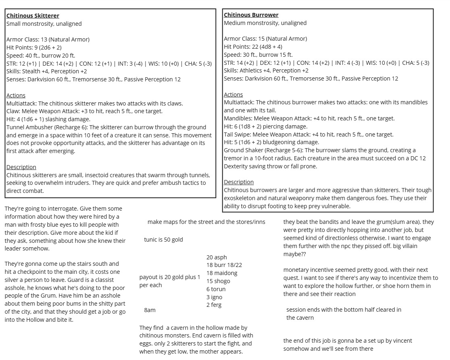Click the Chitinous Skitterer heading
click(33, 16)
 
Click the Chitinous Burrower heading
click(251, 15)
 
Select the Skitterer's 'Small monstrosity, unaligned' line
click(44, 24)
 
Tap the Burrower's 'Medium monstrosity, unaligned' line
click(265, 23)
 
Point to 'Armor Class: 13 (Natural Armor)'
click(48, 39)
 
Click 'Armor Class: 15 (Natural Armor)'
click(265, 39)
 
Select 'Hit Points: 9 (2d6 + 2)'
click(34, 48)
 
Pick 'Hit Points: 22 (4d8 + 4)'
click(253, 47)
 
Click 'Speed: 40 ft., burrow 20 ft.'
click(41, 56)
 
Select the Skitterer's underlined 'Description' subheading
click(21, 167)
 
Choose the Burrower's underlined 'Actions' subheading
click(233, 95)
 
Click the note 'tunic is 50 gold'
click(163, 240)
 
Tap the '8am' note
click(149, 310)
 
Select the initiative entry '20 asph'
click(216, 257)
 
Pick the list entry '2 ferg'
click(214, 305)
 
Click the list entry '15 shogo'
click(218, 281)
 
